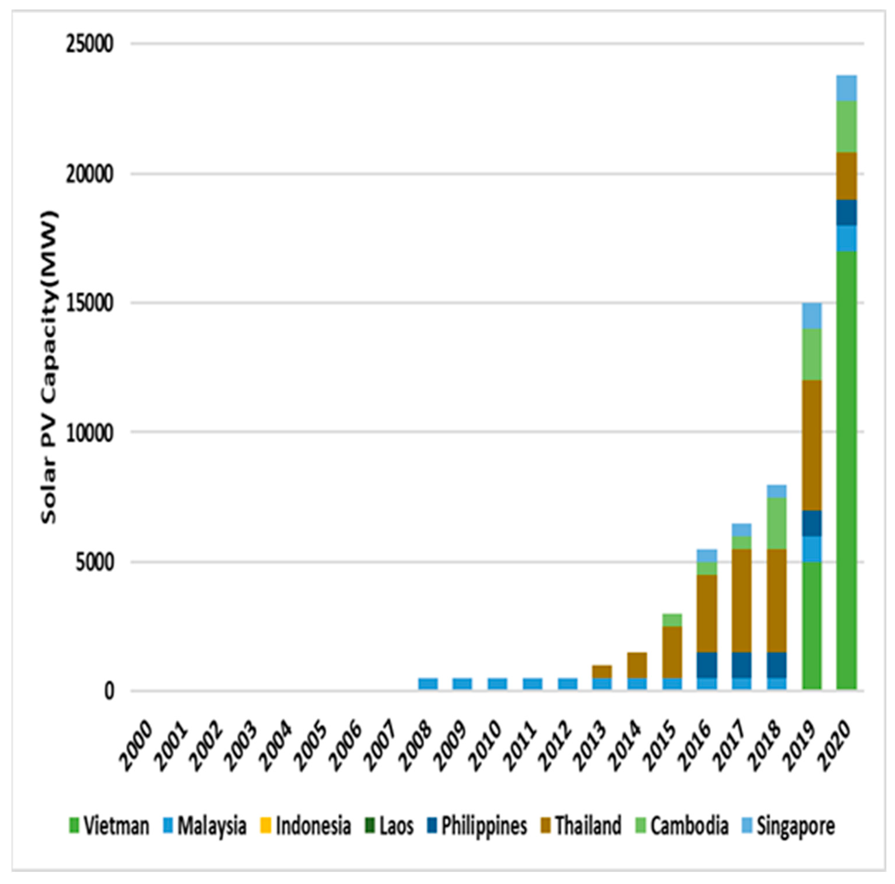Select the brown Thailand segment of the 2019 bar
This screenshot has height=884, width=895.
(x=812, y=445)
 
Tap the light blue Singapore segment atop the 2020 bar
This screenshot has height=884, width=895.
(x=846, y=88)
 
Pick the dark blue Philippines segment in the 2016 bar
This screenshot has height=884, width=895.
(x=707, y=665)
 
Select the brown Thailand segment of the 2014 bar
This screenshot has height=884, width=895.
(x=637, y=665)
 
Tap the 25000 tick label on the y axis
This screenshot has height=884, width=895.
(x=89, y=44)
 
